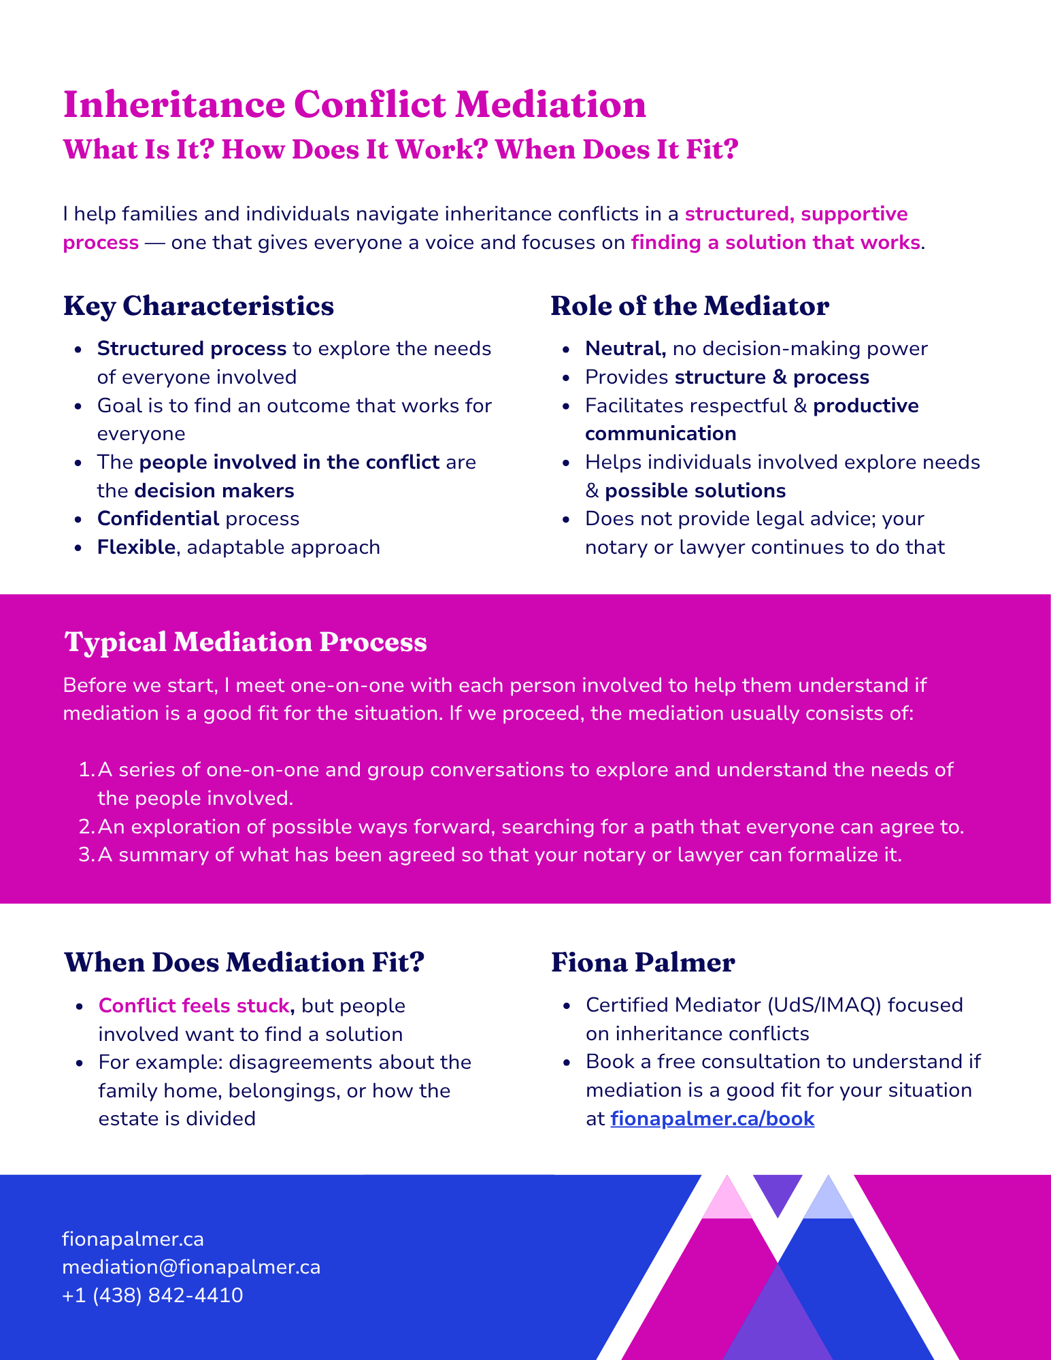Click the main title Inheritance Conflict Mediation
coord(354,105)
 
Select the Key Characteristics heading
coord(199,306)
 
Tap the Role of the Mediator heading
coord(690,306)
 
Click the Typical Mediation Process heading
coord(246,642)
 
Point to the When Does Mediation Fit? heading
coord(244,962)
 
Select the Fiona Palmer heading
coord(643,962)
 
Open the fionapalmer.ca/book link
coord(712,1118)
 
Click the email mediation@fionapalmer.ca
coord(191,1267)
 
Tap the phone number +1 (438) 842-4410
coord(152,1295)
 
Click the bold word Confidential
coord(159,518)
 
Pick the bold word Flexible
coord(137,547)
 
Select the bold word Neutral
coord(625,349)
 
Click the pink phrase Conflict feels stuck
coord(195,1006)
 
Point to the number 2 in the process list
coord(85,827)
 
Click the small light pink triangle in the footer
coord(727,1197)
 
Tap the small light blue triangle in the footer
coord(828,1197)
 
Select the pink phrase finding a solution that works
coord(775,242)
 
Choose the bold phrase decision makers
coord(214,491)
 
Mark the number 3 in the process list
coord(85,855)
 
